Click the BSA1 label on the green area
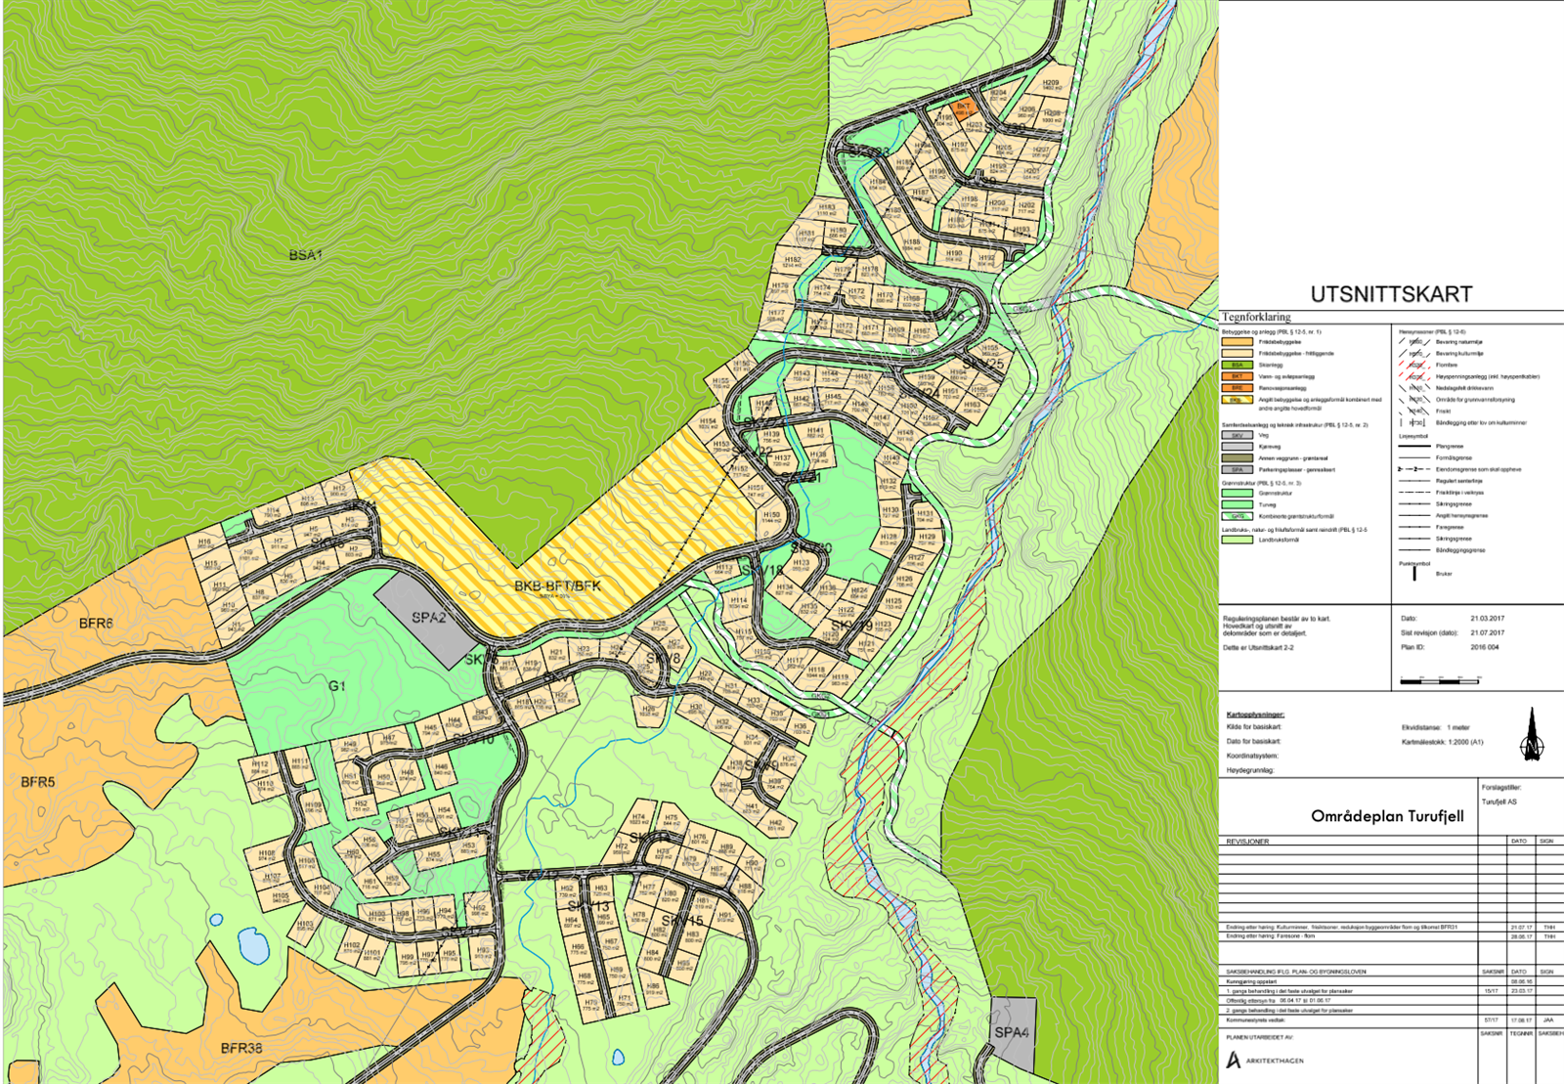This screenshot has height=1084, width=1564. (x=305, y=255)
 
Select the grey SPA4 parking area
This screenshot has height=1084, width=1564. (x=1012, y=1032)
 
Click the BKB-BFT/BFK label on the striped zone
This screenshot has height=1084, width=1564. (x=557, y=585)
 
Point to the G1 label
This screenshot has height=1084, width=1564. (x=337, y=686)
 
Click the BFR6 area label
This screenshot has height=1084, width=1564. (x=96, y=623)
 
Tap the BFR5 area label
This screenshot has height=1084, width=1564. (x=38, y=782)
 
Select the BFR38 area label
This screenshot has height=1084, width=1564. (x=240, y=1048)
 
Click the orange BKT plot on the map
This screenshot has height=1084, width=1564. (x=963, y=108)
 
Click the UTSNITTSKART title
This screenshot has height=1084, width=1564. (x=1391, y=294)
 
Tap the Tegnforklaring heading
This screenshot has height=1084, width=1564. (x=1256, y=318)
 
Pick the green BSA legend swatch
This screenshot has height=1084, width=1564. (x=1237, y=365)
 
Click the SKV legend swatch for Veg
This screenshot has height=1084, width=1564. (x=1237, y=435)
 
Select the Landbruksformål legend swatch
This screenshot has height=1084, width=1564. (x=1237, y=540)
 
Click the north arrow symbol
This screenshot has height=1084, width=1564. (x=1532, y=735)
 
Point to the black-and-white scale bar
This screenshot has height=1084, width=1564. (x=1439, y=680)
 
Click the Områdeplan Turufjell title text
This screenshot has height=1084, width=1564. (x=1387, y=816)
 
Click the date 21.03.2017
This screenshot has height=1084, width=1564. (x=1487, y=619)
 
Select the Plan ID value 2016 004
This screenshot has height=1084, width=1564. (x=1485, y=647)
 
